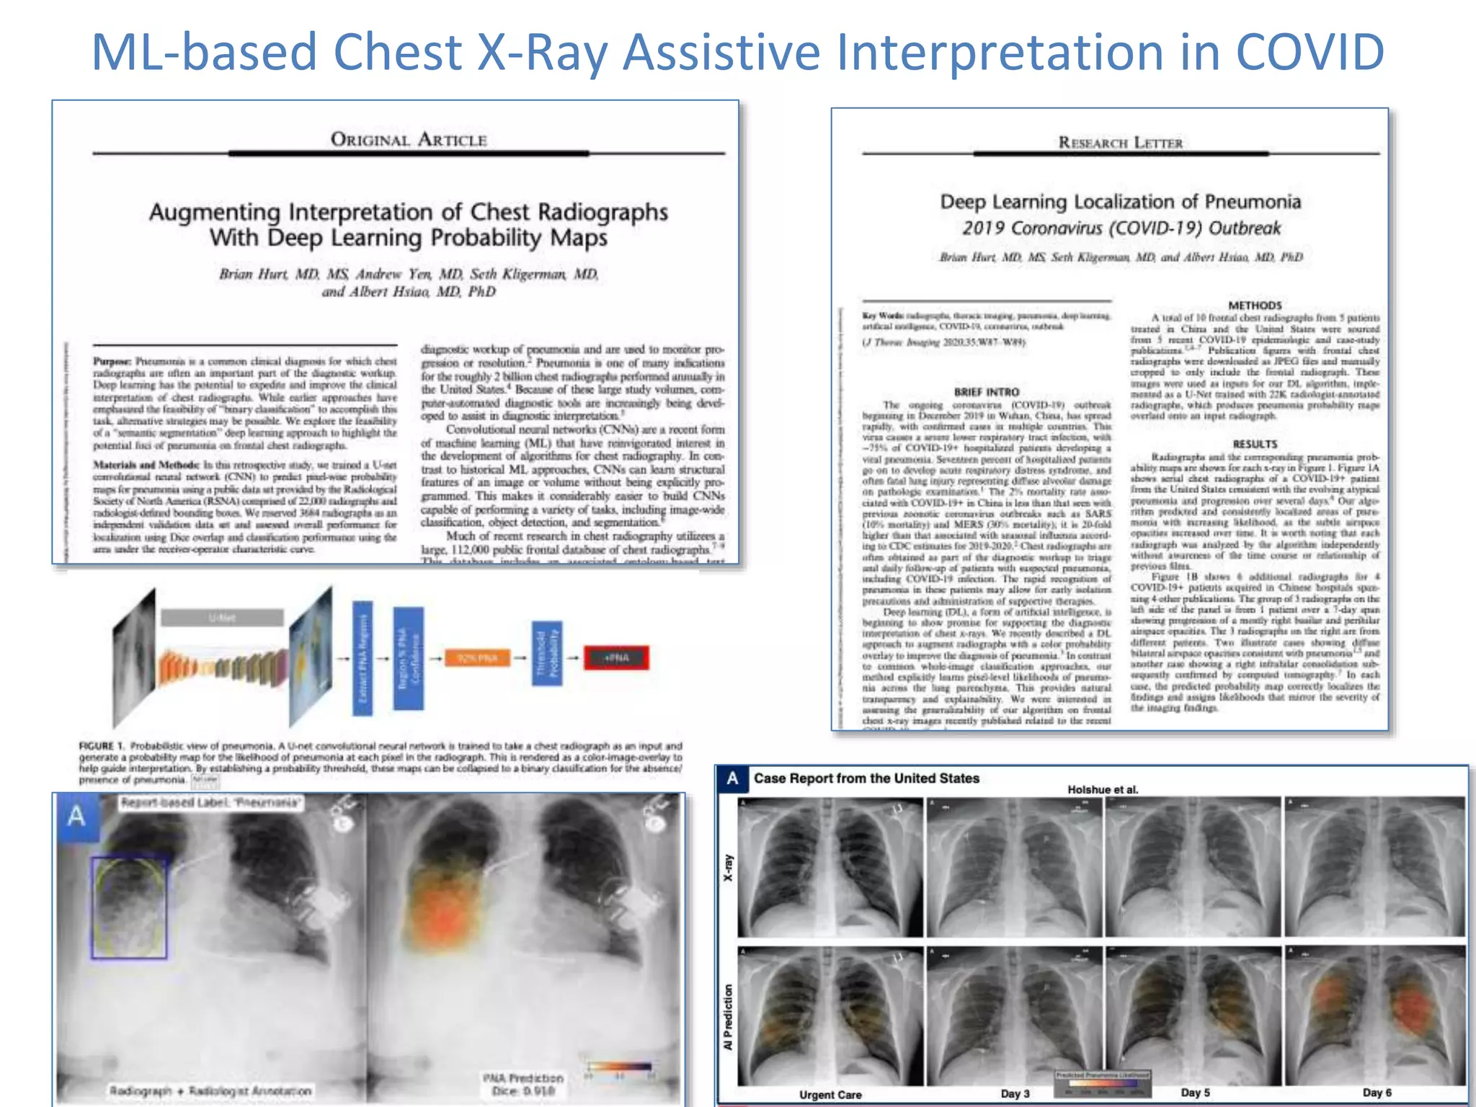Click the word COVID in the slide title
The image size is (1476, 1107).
1310,52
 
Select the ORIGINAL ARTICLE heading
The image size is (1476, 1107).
409,139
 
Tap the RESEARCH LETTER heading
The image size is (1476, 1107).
1120,143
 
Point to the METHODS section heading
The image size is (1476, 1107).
1255,305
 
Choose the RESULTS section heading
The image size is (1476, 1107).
1255,444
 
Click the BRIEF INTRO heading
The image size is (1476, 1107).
986,392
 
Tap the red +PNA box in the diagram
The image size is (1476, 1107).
616,658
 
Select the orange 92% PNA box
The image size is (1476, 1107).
477,658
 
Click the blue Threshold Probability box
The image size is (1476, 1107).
547,653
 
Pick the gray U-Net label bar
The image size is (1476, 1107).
222,618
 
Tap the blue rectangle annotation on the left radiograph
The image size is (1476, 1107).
129,907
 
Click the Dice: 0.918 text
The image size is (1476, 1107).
523,1091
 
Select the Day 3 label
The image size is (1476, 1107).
1015,1093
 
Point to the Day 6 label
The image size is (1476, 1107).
1377,1093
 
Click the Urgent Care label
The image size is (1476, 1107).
830,1094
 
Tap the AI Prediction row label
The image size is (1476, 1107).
728,1016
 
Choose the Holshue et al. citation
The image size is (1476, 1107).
1103,789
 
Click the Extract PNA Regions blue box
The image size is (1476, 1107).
363,658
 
